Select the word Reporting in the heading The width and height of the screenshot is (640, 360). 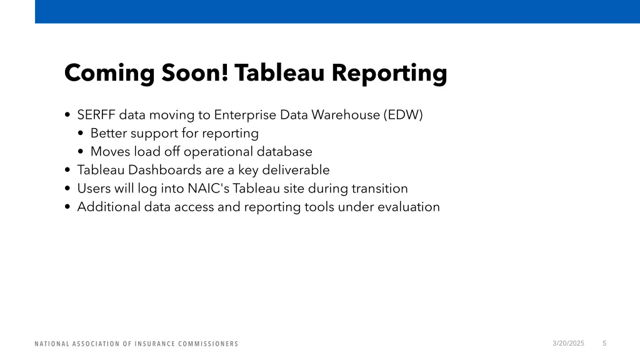tap(389, 73)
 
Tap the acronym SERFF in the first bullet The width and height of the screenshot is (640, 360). tap(96, 115)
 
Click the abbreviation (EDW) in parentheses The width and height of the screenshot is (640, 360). tap(404, 115)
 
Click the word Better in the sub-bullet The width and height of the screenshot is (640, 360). tap(109, 133)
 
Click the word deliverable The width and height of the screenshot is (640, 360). tap(296, 170)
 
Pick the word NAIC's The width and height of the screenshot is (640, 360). tap(209, 188)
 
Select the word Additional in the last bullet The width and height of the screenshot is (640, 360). tap(109, 207)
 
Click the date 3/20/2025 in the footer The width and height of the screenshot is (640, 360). tap(569, 343)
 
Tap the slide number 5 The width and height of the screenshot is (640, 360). tap(604, 343)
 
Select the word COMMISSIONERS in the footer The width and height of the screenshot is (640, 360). tap(209, 344)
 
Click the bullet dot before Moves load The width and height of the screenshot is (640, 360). tap(82, 152)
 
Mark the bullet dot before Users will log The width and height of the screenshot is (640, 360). tap(67, 189)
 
